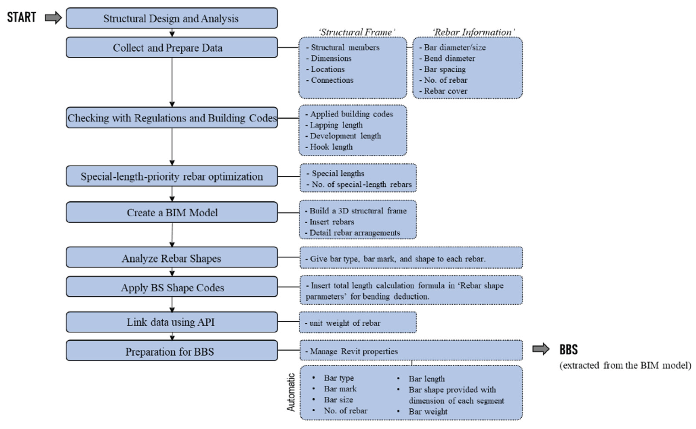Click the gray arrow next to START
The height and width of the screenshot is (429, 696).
point(53,18)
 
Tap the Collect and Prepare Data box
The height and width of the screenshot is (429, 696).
point(172,48)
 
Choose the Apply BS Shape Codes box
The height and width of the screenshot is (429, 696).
point(172,287)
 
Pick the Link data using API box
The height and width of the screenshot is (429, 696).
point(172,322)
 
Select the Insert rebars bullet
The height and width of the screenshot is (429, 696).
point(332,222)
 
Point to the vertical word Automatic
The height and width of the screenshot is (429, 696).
point(291,392)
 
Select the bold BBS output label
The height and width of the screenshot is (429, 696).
point(568,349)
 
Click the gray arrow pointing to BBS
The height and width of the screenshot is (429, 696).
point(541,349)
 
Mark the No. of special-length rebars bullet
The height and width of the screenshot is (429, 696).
point(361,184)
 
